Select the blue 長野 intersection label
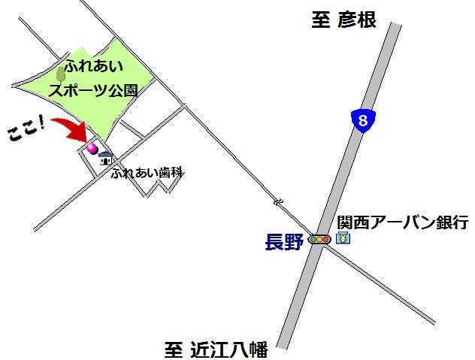pos(284,242)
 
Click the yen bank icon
pos(342,239)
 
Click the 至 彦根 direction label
pos(343,20)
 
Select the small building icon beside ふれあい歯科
pos(106,158)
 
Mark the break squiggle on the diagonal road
pos(278,202)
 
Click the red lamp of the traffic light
pos(314,240)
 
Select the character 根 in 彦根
pos(365,20)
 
